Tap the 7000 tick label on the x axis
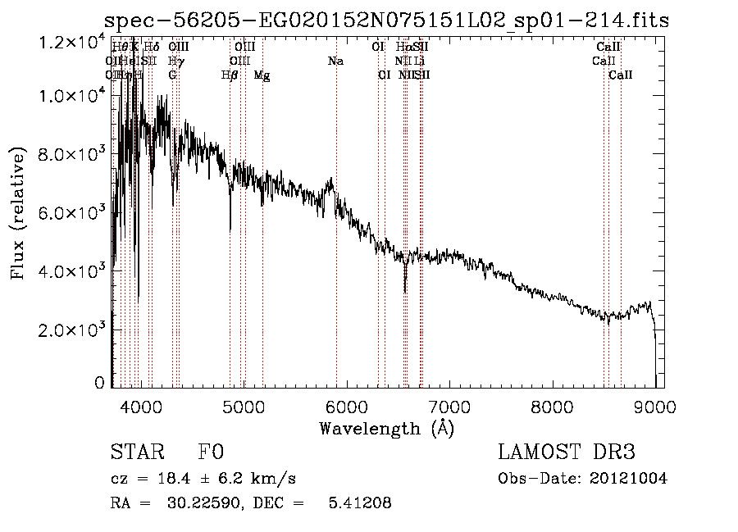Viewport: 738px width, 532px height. [x=449, y=406]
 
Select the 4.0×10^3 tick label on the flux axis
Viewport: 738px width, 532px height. [x=73, y=271]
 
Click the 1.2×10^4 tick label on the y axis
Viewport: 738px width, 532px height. [x=73, y=39]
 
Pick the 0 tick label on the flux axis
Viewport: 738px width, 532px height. [x=99, y=383]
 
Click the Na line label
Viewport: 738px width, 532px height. [x=335, y=61]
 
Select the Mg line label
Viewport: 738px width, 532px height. [x=262, y=75]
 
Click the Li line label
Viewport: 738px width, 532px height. [x=419, y=61]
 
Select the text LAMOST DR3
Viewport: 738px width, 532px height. [x=567, y=452]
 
